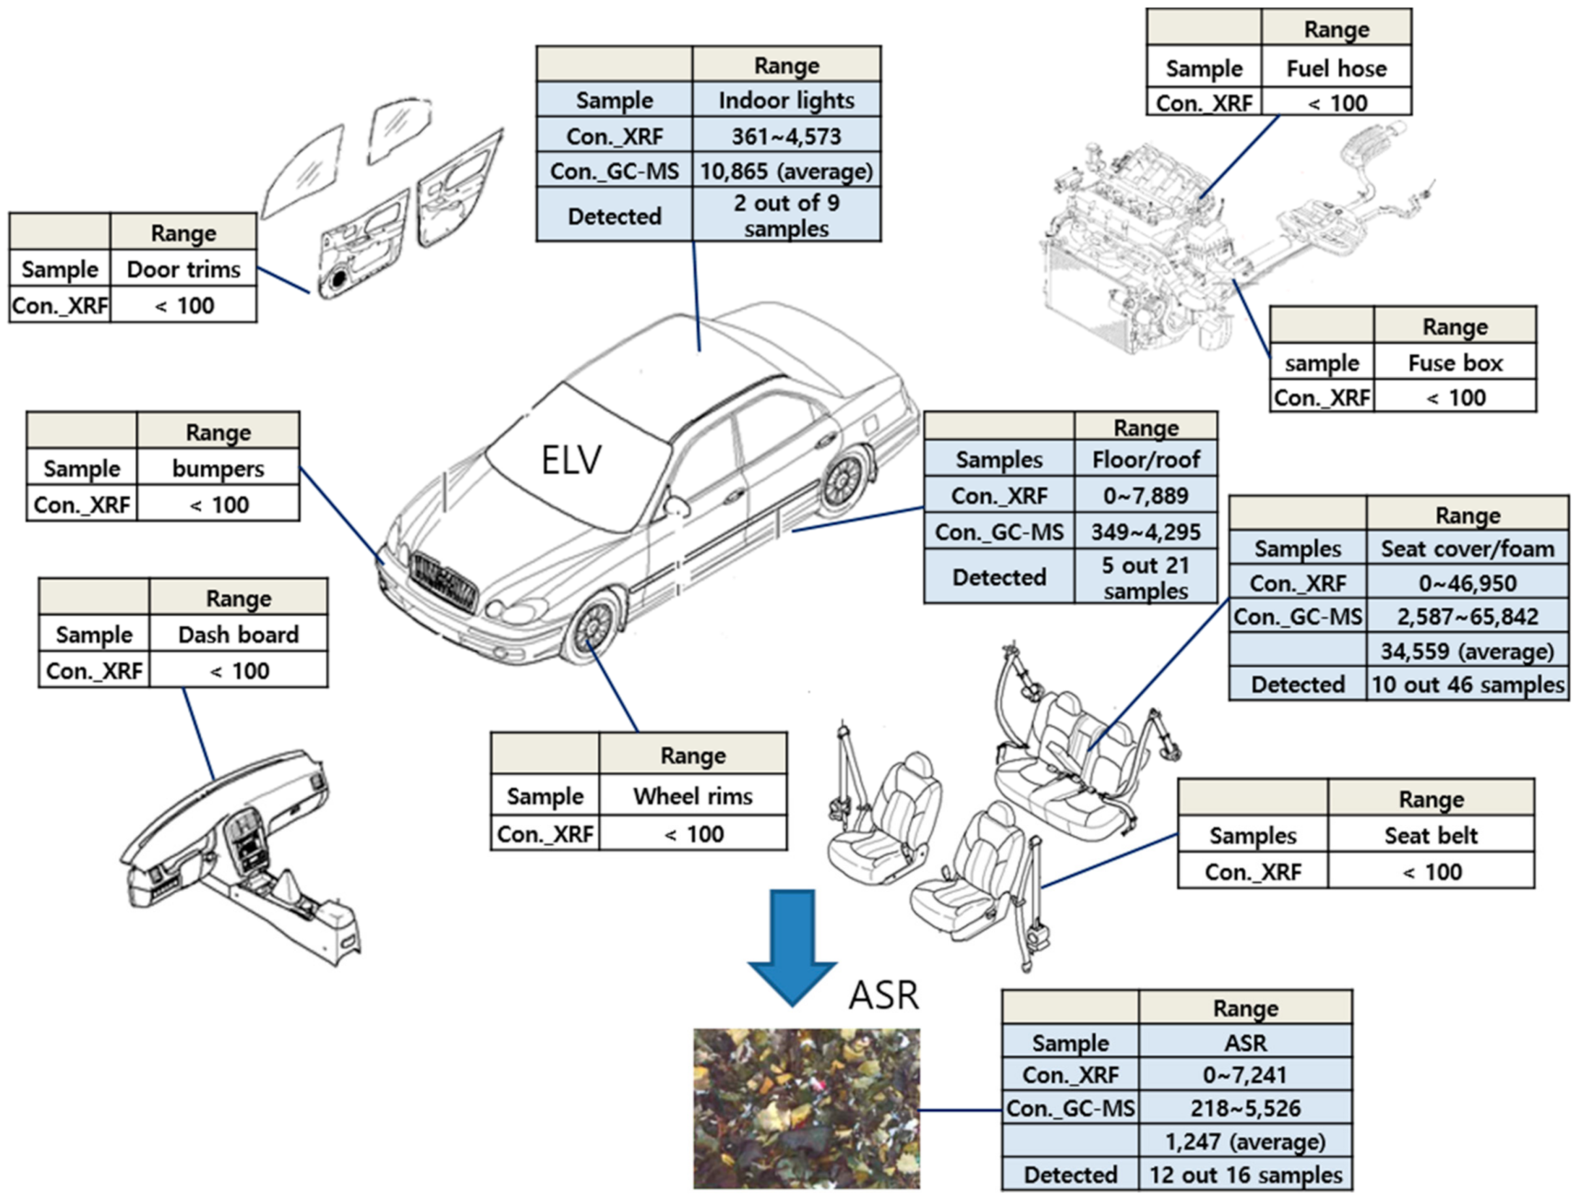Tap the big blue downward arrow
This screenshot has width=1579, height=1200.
coord(792,943)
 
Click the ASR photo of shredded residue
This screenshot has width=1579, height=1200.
coord(806,1108)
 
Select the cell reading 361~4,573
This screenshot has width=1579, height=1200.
coord(787,136)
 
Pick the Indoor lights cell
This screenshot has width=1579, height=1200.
coord(787,100)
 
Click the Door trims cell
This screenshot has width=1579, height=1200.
coord(183,269)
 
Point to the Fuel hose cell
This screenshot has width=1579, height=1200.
coord(1336,69)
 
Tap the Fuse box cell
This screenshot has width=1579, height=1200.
coord(1455,363)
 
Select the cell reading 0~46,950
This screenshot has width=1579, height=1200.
coord(1467,583)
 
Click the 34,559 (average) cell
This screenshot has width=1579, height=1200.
coord(1467,651)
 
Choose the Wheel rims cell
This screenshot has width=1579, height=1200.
coord(693,796)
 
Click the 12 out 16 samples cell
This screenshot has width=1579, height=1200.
coord(1245,1175)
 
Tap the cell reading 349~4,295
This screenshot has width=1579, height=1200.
coord(1146,531)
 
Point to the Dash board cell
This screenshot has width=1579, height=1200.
coord(238,635)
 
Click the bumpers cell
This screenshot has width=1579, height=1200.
coord(218,469)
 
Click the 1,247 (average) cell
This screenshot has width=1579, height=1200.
coord(1245,1141)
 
